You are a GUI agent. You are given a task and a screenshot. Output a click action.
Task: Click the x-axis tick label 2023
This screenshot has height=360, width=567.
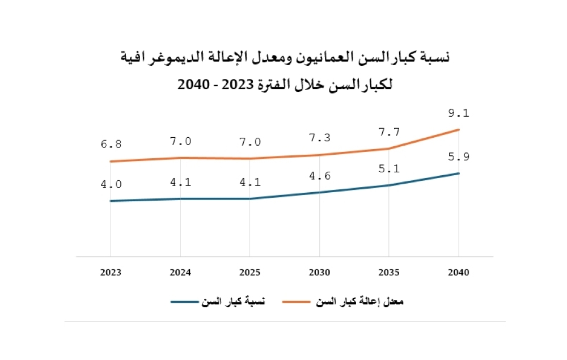click(111, 273)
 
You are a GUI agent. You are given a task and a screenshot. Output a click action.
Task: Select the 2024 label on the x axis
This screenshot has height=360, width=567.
click(180, 273)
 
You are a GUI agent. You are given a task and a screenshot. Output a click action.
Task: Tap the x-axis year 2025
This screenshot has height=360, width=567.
click(249, 273)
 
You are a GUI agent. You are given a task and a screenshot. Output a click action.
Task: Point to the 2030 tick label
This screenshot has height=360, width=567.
click(319, 273)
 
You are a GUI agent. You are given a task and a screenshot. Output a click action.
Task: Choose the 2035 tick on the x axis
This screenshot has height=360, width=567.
click(389, 273)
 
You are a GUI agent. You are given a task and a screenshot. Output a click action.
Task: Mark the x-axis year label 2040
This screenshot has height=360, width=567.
click(458, 273)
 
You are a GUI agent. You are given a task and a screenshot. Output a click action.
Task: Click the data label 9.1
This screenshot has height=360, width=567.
click(458, 113)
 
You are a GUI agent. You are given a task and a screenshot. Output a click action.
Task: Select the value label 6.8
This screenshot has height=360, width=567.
click(111, 145)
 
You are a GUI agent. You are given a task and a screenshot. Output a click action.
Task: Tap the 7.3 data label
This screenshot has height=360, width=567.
click(319, 138)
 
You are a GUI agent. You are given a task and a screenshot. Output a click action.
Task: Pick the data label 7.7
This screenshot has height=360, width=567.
click(390, 132)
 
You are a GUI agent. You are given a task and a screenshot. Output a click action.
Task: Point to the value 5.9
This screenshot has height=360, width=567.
click(458, 157)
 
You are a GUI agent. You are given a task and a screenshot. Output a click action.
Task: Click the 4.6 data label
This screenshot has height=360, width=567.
click(319, 176)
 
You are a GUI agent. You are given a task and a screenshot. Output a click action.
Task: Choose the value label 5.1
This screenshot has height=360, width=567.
click(390, 168)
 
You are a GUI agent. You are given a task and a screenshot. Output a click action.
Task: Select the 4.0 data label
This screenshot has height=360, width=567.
click(111, 184)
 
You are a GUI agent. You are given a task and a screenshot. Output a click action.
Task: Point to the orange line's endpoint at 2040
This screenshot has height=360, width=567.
click(458, 130)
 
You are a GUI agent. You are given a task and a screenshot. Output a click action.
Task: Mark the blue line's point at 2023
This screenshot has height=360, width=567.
click(111, 201)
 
